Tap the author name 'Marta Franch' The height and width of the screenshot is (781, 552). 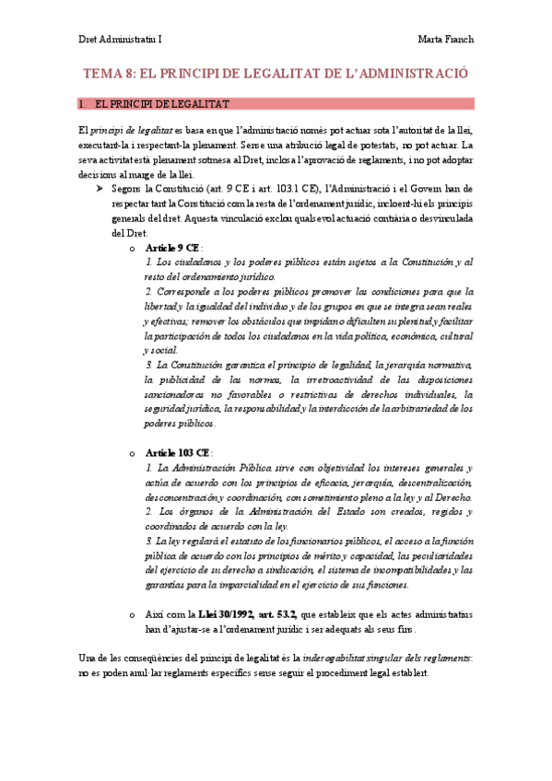[x=445, y=40]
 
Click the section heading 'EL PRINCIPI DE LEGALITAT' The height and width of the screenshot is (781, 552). [x=162, y=104]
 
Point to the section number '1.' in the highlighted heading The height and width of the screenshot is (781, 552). [x=83, y=104]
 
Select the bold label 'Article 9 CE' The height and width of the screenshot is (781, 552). [x=172, y=249]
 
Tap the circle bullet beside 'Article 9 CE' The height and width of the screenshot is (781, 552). [x=133, y=250]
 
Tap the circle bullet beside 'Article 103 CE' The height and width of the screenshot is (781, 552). [x=133, y=454]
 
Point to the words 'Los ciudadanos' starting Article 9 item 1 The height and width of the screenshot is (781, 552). [x=190, y=263]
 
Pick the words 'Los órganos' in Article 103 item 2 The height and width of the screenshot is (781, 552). [x=183, y=512]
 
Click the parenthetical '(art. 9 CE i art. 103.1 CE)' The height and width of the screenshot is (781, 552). [x=245, y=189]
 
